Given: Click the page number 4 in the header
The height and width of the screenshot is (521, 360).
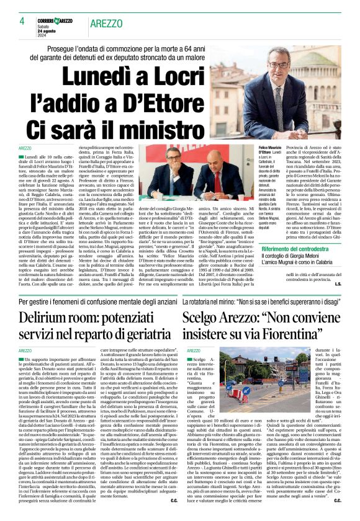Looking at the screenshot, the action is pyautogui.click(x=22, y=21).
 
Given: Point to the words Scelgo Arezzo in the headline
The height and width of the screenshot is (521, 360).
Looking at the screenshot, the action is pyautogui.click(x=227, y=319).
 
